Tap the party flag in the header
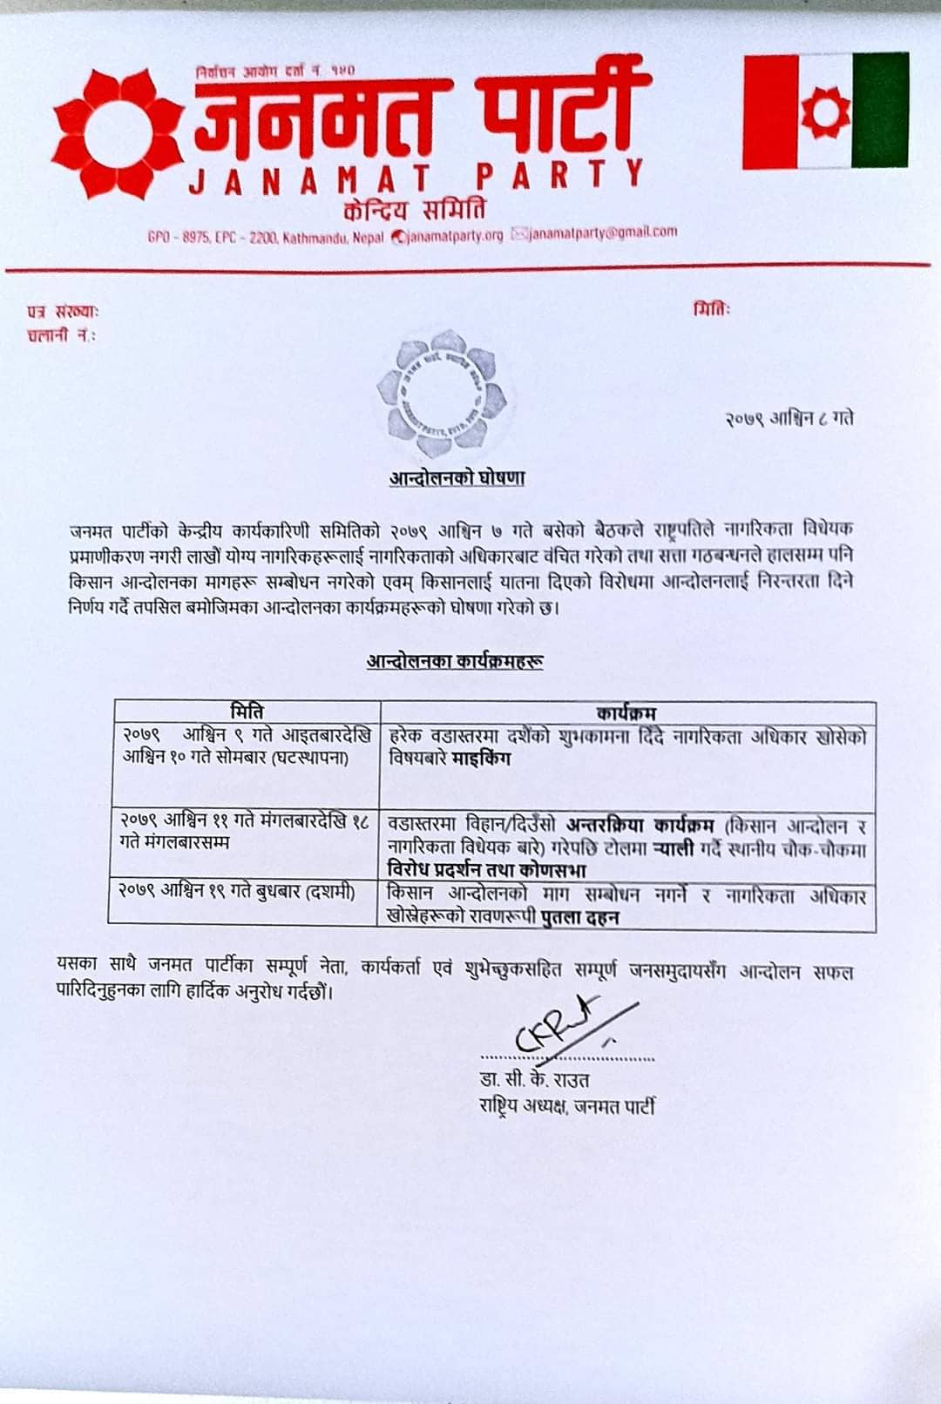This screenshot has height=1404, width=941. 825,111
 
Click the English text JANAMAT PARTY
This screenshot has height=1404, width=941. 416,178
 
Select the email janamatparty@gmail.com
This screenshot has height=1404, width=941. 601,233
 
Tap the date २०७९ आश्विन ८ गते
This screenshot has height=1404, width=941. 789,419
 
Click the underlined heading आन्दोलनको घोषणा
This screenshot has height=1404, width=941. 457,478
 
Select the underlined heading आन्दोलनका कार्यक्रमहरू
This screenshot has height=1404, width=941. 456,662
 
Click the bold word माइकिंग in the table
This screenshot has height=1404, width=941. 482,759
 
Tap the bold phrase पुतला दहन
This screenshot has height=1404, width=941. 579,917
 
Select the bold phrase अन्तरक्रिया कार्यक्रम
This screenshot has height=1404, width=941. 640,825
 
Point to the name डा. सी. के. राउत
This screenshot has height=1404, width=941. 534,1081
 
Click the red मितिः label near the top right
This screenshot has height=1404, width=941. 712,309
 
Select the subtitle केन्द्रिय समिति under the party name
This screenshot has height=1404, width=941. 415,210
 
